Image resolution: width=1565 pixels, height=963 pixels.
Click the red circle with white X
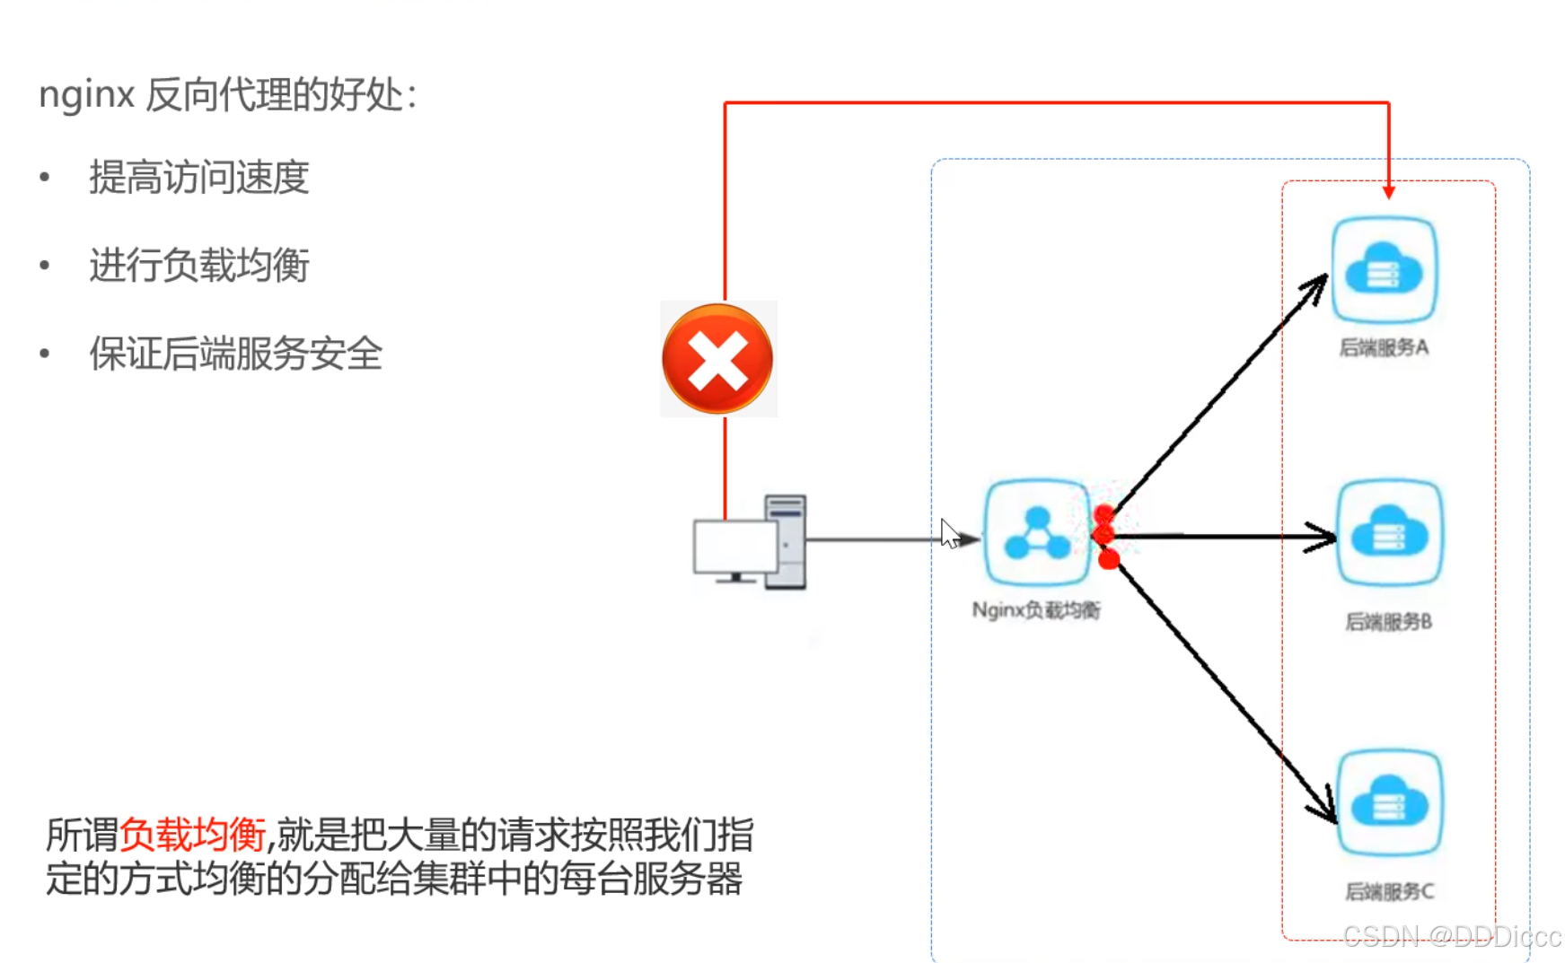[717, 359]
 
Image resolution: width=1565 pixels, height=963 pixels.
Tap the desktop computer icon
[751, 542]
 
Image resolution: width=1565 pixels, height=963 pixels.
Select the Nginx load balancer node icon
[1037, 532]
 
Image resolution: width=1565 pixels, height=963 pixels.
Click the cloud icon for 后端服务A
[1384, 269]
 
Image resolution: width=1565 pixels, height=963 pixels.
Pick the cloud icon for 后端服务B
[1389, 534]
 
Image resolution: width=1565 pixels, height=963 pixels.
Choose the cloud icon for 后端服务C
[1389, 802]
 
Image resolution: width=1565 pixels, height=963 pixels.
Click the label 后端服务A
[1384, 347]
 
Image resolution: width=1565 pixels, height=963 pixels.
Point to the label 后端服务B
[1388, 621]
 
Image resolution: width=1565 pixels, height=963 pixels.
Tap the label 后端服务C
[1389, 891]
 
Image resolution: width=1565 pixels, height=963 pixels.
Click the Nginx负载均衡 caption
[1036, 610]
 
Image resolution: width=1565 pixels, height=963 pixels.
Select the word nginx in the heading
[86, 94]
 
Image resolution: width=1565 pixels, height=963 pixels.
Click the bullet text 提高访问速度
[198, 177]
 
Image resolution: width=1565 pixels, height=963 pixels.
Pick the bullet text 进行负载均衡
[198, 265]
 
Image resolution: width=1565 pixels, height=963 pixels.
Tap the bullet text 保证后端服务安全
[235, 353]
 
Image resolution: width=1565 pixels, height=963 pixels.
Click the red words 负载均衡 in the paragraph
[192, 835]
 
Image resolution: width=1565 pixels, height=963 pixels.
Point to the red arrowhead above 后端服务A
[1389, 192]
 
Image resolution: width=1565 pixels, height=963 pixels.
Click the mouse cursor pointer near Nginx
[950, 533]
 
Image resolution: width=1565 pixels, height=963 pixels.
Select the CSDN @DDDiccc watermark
[1451, 937]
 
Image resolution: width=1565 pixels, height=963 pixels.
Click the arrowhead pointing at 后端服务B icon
[1324, 537]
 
